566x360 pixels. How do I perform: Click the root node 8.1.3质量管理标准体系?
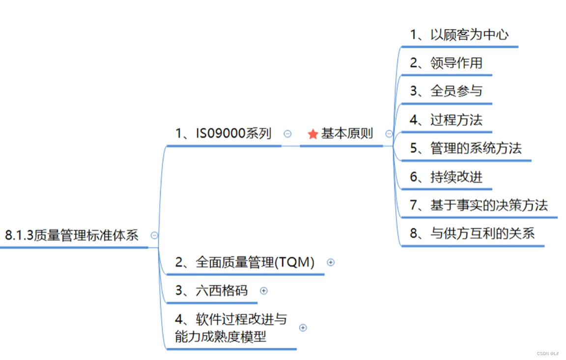click(x=72, y=235)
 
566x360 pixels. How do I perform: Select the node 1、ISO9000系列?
click(x=223, y=134)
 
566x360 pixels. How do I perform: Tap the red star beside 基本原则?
click(x=313, y=134)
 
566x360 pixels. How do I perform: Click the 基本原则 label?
click(x=347, y=134)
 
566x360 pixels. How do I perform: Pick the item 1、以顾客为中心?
click(x=459, y=35)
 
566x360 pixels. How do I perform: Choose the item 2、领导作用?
click(x=446, y=63)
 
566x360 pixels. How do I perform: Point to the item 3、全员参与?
click(x=446, y=91)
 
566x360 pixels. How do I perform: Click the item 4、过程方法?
click(x=446, y=120)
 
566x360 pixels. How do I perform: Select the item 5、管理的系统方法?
click(x=466, y=148)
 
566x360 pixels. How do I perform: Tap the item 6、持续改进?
click(x=446, y=177)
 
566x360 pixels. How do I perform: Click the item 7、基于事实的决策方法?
click(x=479, y=205)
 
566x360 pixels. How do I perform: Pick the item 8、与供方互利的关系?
click(x=472, y=233)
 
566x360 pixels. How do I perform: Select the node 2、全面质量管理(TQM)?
click(x=245, y=263)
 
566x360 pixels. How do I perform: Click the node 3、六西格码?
click(x=211, y=291)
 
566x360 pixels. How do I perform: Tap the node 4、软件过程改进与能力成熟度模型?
click(x=230, y=328)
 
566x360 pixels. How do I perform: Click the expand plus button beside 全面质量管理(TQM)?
click(x=331, y=262)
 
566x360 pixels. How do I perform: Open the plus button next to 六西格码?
click(x=264, y=291)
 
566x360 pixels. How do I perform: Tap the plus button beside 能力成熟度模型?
click(x=303, y=328)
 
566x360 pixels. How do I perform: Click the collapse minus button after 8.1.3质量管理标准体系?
click(x=154, y=235)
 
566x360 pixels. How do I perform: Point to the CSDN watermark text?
click(x=547, y=354)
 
